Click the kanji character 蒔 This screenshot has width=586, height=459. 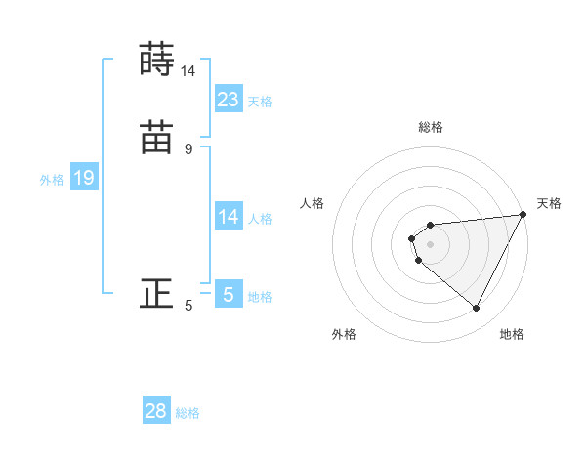point(156,59)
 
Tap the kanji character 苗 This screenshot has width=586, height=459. point(156,139)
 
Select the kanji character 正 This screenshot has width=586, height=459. point(156,294)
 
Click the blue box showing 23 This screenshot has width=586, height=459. point(229,100)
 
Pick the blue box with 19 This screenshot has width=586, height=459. point(84,178)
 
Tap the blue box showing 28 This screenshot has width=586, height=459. point(156,411)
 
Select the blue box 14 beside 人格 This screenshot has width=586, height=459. point(229,217)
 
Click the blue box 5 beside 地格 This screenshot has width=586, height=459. point(229,294)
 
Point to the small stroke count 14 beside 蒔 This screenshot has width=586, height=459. point(188,71)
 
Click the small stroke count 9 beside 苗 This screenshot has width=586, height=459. point(188,149)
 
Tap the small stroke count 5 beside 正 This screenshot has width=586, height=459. point(188,306)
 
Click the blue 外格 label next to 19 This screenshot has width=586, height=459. point(52,180)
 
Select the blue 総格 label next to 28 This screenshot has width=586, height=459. point(188,413)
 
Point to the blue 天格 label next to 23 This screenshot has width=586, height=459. point(260,102)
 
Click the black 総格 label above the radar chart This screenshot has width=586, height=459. point(431,127)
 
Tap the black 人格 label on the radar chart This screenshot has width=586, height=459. point(313,203)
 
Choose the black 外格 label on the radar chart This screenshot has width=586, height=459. point(344,334)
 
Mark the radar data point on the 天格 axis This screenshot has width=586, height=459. point(524,215)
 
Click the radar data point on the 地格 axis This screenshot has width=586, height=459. point(477,309)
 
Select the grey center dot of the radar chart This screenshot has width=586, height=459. point(431,244)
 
